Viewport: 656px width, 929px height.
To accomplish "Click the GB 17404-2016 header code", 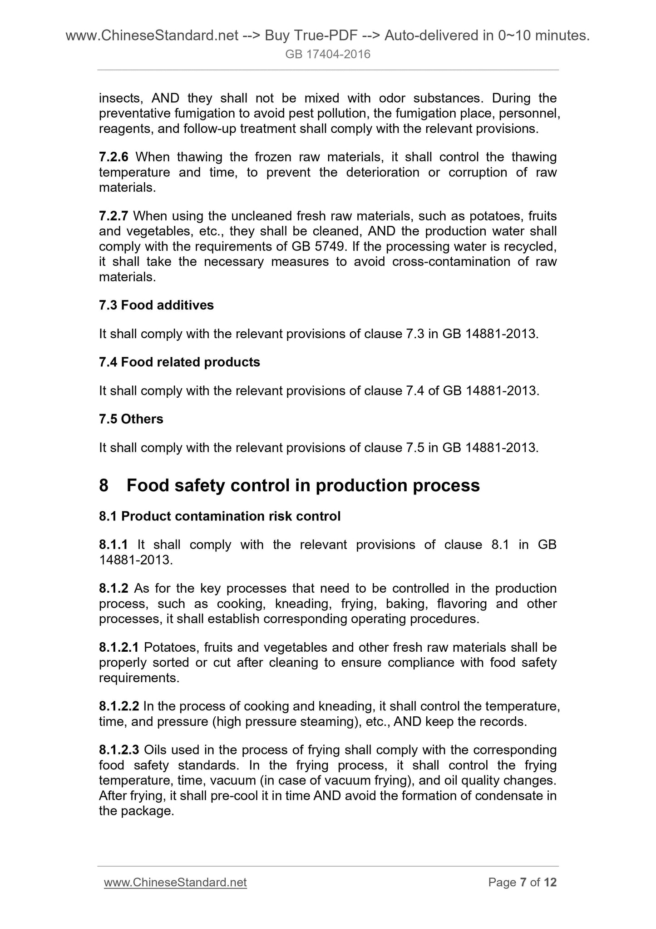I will click(328, 55).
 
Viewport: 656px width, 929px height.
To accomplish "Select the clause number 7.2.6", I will click(113, 157).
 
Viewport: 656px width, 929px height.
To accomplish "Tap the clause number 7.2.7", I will click(113, 216).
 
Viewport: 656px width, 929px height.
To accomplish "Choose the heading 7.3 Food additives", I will click(156, 305).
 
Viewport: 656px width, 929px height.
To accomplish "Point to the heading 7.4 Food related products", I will click(179, 362).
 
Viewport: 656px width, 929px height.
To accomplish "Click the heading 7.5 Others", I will click(131, 419).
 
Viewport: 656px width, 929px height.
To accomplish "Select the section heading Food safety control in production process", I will click(303, 485).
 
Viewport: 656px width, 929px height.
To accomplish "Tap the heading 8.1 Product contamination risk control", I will click(220, 516).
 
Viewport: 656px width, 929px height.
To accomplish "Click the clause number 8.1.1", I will click(113, 544).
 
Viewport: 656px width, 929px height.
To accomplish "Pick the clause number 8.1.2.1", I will click(119, 647).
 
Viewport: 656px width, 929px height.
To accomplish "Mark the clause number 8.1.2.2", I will click(119, 706).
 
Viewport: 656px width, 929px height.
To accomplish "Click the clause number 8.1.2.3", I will click(119, 750).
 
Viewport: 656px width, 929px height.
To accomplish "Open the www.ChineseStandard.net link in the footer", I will click(175, 882).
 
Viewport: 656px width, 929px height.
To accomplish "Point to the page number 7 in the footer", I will click(523, 882).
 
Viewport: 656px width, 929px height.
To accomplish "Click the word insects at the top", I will click(121, 98).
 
